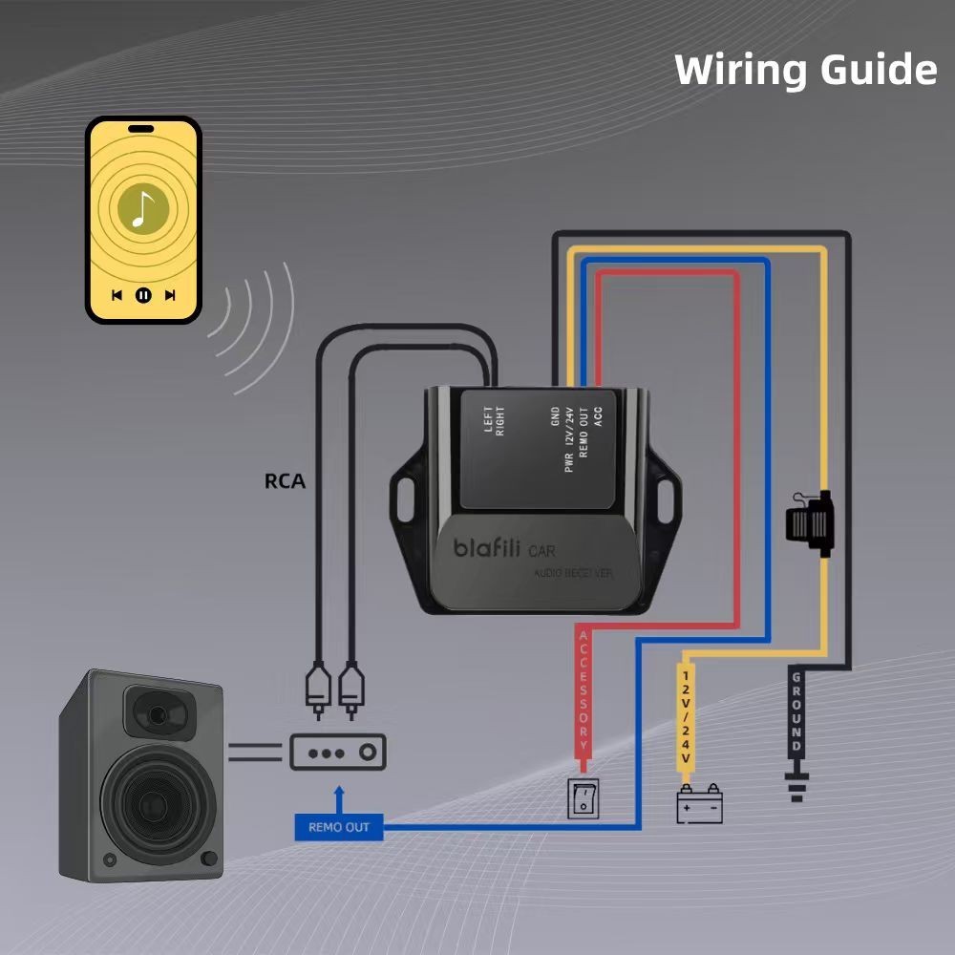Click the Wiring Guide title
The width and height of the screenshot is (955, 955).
pos(805,71)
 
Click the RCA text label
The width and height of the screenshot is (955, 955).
pos(285,481)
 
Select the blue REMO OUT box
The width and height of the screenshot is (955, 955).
pos(338,827)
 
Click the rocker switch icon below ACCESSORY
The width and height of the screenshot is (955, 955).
pos(583,798)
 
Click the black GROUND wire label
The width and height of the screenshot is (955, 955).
pos(796,711)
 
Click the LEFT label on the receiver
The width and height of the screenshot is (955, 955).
pos(488,421)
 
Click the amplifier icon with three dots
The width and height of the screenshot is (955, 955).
pos(337,752)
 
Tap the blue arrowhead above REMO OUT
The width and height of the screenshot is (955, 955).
pos(337,793)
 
